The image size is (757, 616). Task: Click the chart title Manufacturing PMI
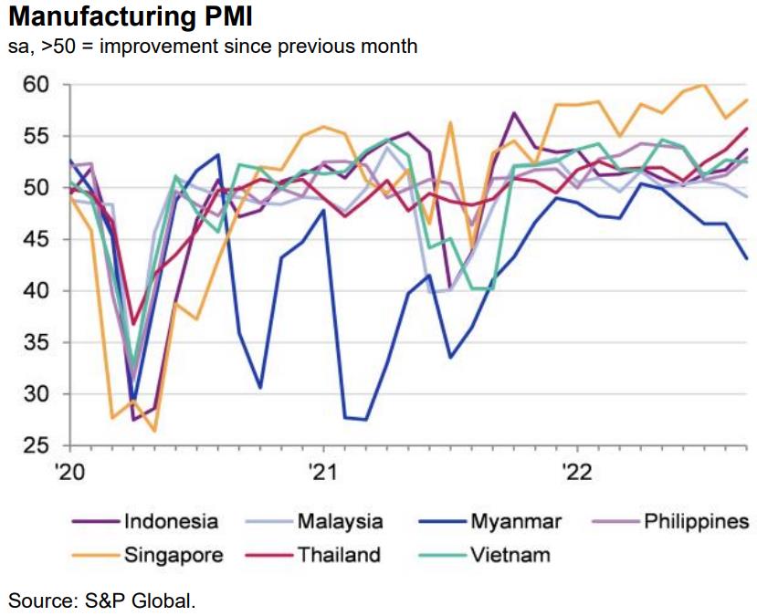[x=129, y=17]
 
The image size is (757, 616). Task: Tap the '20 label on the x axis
[x=69, y=473]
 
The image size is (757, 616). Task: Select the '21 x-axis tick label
[x=323, y=473]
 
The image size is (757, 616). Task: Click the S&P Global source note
[x=102, y=600]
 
